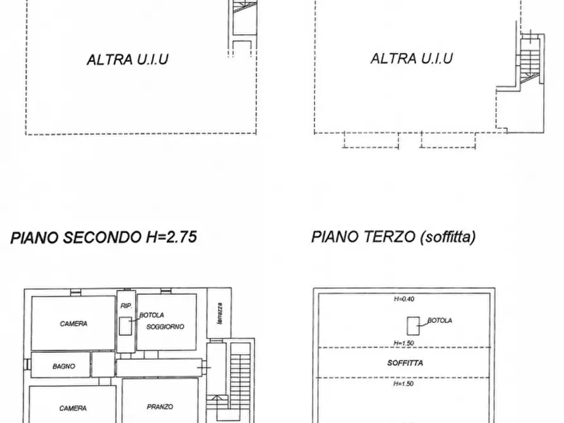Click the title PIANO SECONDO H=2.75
[x=104, y=237]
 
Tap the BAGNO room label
[x=64, y=366]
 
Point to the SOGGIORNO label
[x=165, y=326]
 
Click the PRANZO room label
[x=159, y=407]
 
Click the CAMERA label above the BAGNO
[x=74, y=324]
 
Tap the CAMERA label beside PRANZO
[x=73, y=408]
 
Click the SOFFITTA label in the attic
[x=405, y=363]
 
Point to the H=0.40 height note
[x=404, y=299]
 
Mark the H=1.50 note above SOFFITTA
[x=404, y=343]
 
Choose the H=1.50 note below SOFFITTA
[x=404, y=383]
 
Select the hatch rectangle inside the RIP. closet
[x=124, y=326]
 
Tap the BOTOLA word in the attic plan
[x=440, y=321]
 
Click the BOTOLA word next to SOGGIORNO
[x=152, y=315]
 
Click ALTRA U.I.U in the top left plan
[x=128, y=60]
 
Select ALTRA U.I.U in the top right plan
[x=411, y=59]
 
